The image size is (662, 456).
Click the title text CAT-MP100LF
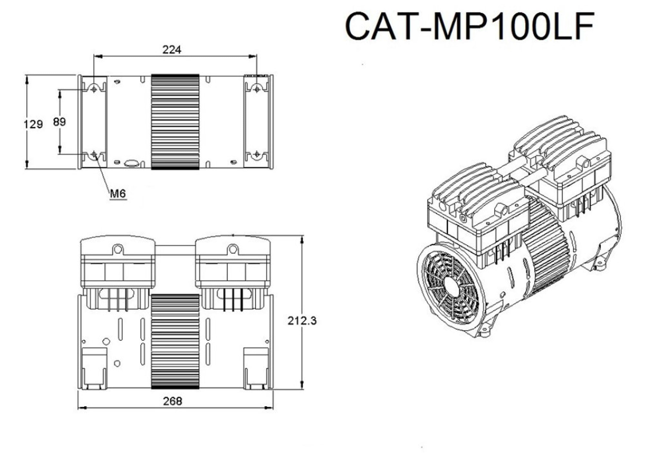470,26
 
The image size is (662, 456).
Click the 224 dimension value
172,50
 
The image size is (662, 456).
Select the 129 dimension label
33,124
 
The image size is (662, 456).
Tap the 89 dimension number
59,122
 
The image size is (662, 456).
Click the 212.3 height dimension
302,321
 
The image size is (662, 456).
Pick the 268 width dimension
172,401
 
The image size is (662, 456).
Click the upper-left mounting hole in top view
94,89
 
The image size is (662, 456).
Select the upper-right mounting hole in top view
257,89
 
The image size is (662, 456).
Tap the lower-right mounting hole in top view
257,154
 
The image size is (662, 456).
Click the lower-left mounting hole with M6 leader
94,154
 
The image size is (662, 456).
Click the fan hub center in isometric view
451,287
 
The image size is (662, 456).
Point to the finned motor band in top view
175,122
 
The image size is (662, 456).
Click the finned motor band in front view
175,341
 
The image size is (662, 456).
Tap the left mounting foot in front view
94,369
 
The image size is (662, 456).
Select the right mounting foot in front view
256,369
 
